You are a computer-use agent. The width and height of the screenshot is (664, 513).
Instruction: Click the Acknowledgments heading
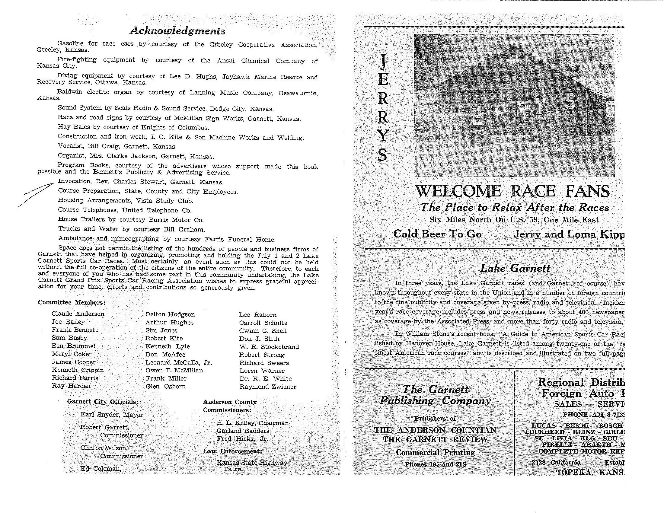tap(177, 31)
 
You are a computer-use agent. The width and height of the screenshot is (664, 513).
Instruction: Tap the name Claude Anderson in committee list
tap(78, 314)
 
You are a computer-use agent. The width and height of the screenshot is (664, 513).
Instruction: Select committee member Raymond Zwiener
tap(267, 387)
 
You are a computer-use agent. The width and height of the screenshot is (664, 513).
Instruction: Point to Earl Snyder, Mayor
tap(111, 415)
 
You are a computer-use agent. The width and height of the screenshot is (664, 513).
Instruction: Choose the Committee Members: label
tap(72, 303)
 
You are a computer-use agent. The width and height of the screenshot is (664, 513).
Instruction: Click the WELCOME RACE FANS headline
tap(512, 191)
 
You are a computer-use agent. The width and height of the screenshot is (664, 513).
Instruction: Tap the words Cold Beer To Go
tap(437, 234)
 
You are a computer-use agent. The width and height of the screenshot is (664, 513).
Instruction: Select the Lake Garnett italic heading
tap(515, 268)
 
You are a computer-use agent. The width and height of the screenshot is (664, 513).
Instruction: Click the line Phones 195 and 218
tap(435, 464)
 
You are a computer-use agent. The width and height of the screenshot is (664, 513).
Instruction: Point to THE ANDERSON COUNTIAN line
tap(435, 430)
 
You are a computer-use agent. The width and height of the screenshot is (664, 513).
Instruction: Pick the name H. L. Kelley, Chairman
tap(252, 423)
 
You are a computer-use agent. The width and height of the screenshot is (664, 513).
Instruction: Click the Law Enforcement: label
tap(232, 451)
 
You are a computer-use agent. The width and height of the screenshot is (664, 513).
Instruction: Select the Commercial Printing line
tap(435, 453)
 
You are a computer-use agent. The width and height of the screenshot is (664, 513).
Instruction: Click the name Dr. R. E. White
tap(265, 379)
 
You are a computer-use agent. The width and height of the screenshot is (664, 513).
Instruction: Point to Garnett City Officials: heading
tap(102, 401)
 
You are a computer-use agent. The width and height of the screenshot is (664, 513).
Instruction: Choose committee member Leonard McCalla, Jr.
tap(178, 362)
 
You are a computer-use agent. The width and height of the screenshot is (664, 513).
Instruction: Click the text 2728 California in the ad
tap(556, 463)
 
